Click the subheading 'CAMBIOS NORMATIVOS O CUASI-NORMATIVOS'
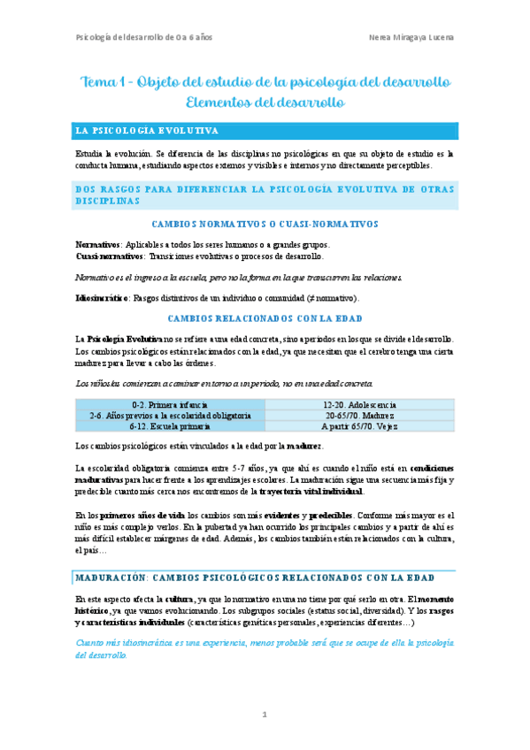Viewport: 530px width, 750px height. click(265, 225)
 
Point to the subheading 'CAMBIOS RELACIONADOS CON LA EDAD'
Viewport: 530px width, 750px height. click(265, 317)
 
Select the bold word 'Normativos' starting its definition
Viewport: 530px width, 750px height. click(97, 244)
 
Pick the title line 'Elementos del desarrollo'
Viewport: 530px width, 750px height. click(265, 103)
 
